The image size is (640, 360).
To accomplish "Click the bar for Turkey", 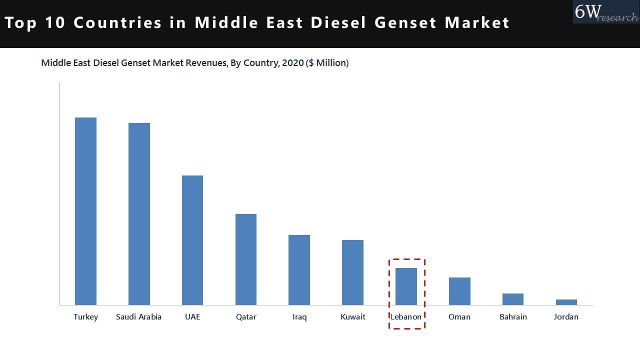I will tap(85, 211).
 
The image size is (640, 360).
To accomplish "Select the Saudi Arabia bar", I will tap(139, 214).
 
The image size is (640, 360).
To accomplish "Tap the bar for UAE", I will tap(192, 240).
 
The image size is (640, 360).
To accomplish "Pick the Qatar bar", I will tap(246, 259).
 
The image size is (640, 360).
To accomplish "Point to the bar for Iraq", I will tap(299, 270).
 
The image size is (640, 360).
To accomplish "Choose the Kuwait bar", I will tap(352, 272).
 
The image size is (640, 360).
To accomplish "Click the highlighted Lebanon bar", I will tap(406, 286).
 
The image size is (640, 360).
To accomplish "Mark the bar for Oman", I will tap(459, 291).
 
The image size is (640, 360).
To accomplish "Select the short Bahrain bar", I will tap(513, 299).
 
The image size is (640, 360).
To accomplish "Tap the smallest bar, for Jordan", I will tap(566, 302).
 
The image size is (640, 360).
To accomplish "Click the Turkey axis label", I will tap(85, 317).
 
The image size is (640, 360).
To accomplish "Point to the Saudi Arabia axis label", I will tap(139, 317).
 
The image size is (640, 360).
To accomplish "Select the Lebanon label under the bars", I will tap(406, 317).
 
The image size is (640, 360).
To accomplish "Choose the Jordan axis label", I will tap(566, 317).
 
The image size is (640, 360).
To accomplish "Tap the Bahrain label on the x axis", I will tap(513, 317).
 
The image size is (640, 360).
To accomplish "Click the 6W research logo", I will tap(605, 12).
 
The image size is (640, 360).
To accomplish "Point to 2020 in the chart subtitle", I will tap(292, 63).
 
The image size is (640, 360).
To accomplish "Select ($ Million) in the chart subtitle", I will tap(327, 63).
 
